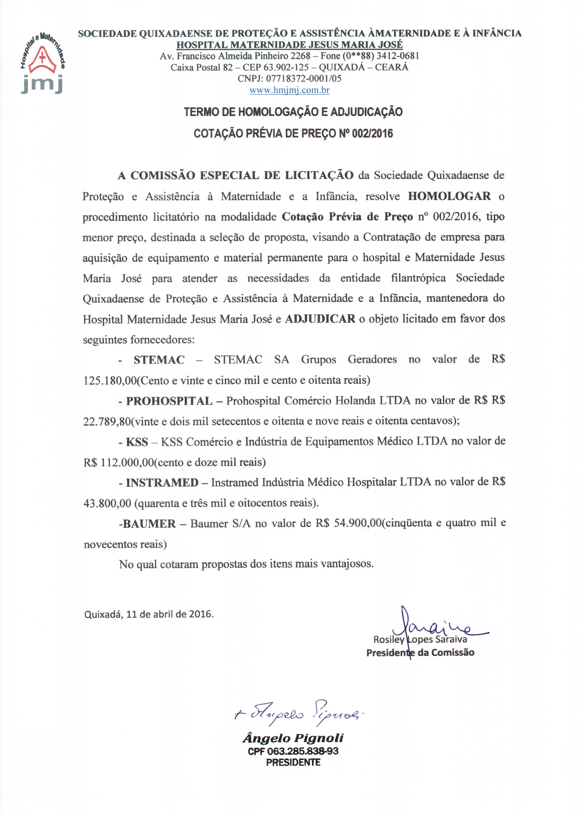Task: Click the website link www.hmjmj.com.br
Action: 289,90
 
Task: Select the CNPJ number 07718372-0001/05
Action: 303,79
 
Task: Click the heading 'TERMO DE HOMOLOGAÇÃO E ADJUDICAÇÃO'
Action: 293,112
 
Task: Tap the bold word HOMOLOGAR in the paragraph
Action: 449,196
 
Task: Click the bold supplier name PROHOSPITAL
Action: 169,401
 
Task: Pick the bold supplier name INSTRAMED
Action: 162,482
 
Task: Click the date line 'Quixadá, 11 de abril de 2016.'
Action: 149,614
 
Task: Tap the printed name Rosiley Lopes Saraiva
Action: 420,639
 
